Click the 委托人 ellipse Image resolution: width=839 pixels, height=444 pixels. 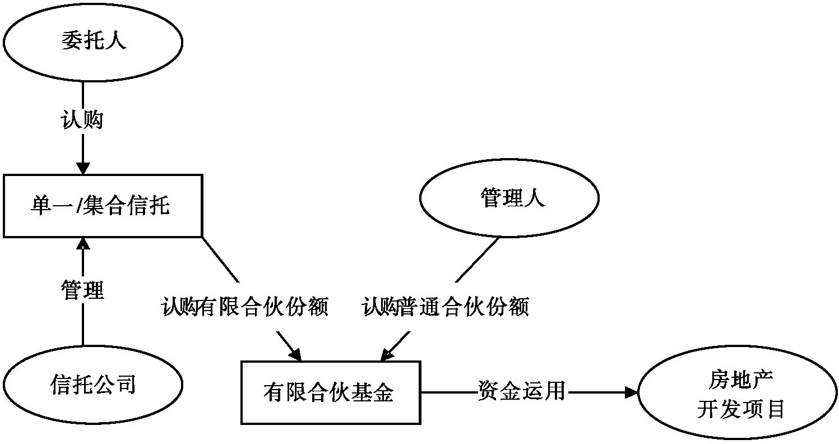tap(93, 43)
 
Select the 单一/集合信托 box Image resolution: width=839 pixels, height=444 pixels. tap(103, 206)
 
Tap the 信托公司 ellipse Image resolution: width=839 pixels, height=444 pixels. tap(93, 385)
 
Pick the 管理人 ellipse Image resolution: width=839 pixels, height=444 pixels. tap(509, 198)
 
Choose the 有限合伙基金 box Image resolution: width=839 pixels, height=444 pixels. tap(331, 392)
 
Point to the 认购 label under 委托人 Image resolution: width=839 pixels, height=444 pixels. tap(82, 119)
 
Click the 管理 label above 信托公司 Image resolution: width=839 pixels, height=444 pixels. tap(82, 289)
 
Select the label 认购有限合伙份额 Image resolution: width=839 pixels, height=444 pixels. tap(245, 307)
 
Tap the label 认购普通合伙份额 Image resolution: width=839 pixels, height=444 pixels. tap(446, 307)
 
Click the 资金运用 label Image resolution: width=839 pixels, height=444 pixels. tap(521, 390)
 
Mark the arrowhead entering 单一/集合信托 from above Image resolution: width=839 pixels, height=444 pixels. tap(82, 168)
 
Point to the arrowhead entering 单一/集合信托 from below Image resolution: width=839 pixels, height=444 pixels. tap(82, 243)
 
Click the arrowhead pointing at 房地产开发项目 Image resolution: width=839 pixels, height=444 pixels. tap(632, 392)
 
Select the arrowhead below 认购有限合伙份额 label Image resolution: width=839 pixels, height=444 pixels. tap(295, 354)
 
